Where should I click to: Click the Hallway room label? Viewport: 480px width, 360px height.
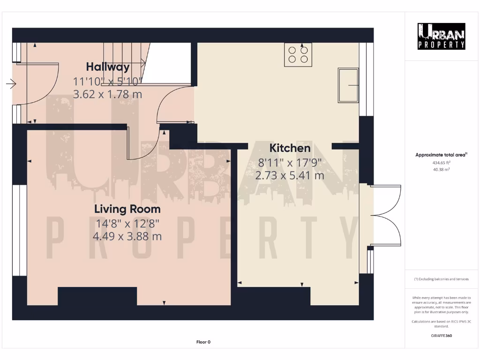[107, 67]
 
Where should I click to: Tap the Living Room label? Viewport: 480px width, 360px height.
[127, 209]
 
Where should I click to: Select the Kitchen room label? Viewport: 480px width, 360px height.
[290, 148]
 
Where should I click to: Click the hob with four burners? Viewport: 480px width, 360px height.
[298, 54]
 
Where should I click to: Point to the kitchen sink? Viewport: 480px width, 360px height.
[348, 85]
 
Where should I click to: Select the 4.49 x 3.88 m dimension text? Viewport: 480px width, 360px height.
[127, 236]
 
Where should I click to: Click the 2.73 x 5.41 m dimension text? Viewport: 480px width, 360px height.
[290, 176]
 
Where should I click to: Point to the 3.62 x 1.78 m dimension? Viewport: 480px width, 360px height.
[107, 94]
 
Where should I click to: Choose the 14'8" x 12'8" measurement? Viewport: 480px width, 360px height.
[127, 223]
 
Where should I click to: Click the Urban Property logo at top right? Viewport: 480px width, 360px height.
[442, 36]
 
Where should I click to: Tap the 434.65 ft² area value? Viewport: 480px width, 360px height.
[441, 163]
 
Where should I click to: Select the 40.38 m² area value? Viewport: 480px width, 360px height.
[441, 170]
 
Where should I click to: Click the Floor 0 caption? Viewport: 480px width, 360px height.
[203, 342]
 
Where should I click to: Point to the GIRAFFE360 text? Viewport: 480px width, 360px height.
[441, 336]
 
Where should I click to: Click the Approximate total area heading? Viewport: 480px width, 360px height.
[441, 155]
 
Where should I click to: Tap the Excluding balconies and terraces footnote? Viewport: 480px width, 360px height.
[441, 279]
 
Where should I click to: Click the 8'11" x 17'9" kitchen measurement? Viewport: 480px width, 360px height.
[290, 163]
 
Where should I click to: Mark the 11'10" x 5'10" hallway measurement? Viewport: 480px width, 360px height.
[107, 81]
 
